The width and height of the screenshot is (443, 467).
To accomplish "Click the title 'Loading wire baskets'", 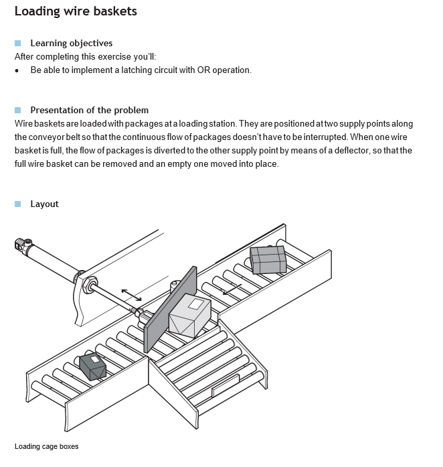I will point(76,11).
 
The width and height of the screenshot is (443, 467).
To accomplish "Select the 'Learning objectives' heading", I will point(71,43).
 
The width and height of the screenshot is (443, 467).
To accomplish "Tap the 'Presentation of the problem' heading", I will point(89,110).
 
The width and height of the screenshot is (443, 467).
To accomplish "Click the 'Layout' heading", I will point(44,204).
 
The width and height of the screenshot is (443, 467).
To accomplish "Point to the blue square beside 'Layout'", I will point(18,204).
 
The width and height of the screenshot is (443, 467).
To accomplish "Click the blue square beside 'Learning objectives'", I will point(18,43).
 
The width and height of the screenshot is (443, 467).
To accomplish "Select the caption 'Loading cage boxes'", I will point(46,446).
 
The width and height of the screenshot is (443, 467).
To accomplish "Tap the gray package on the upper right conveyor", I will point(268,259).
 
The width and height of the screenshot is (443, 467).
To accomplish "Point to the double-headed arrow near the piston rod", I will point(131,295).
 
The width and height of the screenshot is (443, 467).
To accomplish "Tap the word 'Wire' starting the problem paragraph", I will point(24,124).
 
